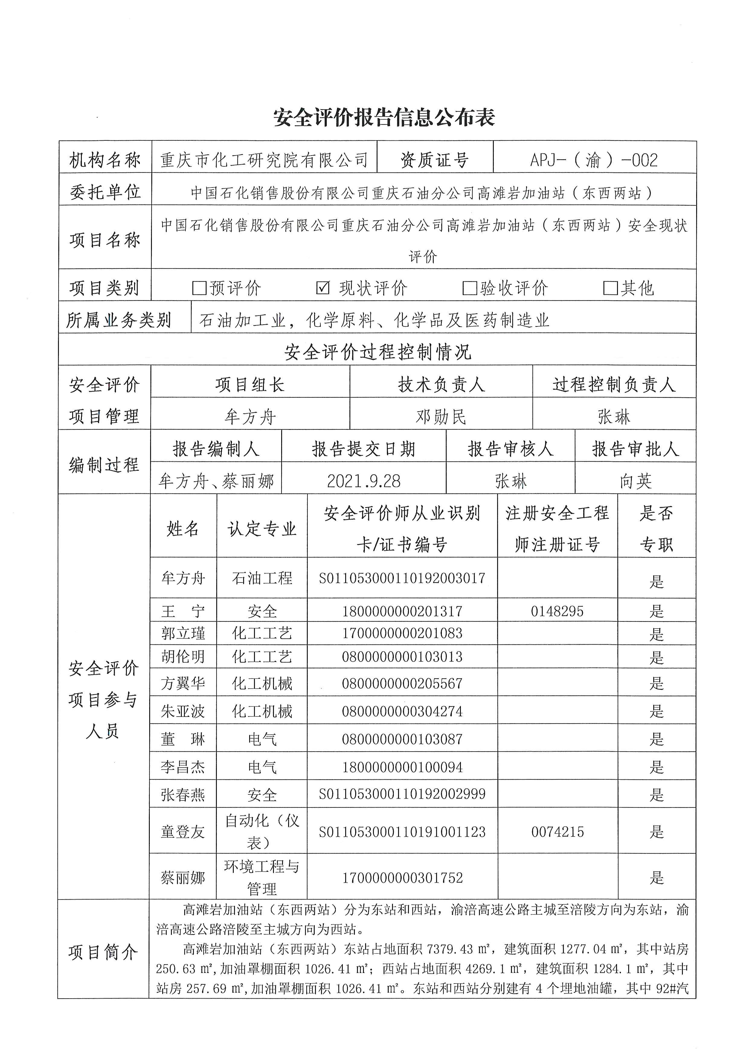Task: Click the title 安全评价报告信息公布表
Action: (x=384, y=117)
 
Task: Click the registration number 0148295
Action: (x=557, y=611)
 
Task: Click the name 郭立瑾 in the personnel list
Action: (x=183, y=633)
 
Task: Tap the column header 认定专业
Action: (x=262, y=528)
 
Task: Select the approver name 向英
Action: (x=635, y=481)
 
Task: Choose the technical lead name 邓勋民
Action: (x=441, y=416)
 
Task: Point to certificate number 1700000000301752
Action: (x=402, y=878)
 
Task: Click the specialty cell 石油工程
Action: (x=262, y=578)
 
